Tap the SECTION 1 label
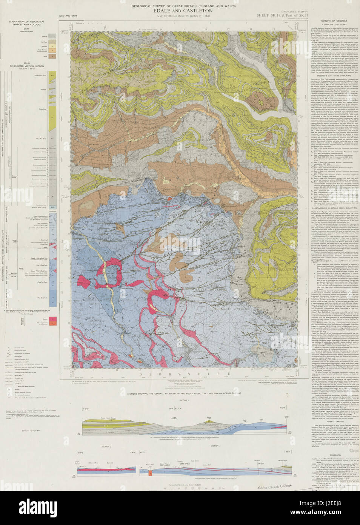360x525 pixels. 183,400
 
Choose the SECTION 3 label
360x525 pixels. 214,446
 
